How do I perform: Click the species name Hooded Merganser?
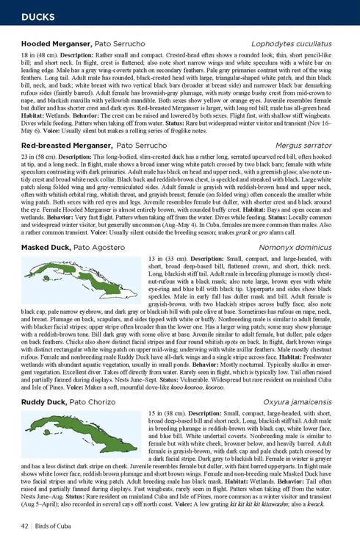click(x=57, y=45)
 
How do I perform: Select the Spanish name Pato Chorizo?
click(x=96, y=402)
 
